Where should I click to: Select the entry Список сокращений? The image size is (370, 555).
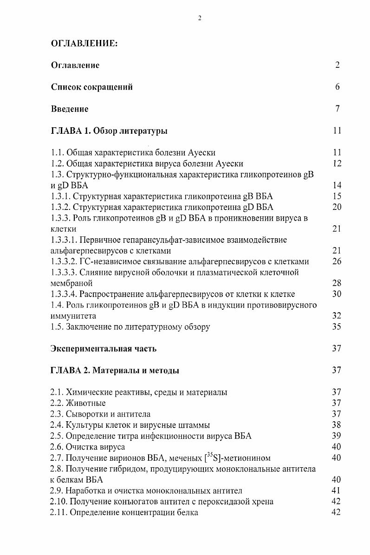pyautogui.click(x=91, y=87)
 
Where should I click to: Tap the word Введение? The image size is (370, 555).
pyautogui.click(x=70, y=109)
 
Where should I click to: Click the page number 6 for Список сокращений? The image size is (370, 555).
pyautogui.click(x=338, y=87)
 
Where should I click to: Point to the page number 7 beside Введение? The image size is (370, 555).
pyautogui.click(x=338, y=109)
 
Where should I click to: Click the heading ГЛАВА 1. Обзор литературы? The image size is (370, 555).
pyautogui.click(x=109, y=131)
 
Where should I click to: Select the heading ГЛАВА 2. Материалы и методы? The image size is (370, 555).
pyautogui.click(x=115, y=371)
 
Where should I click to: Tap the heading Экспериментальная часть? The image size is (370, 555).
pyautogui.click(x=104, y=349)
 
